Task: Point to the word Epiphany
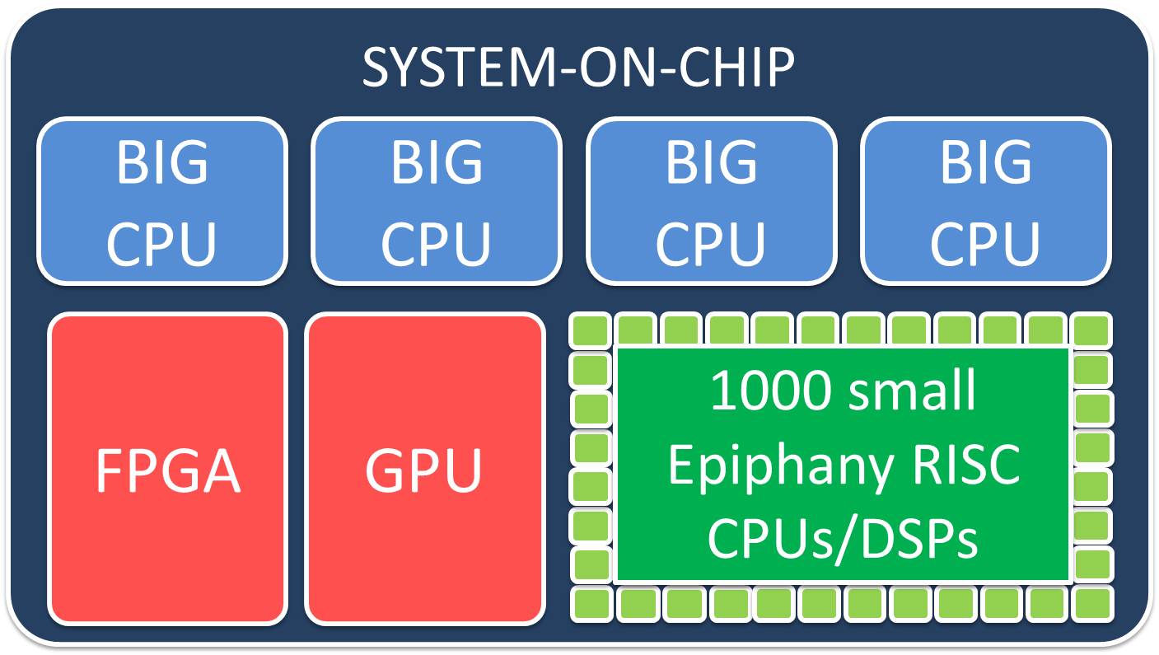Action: (x=778, y=466)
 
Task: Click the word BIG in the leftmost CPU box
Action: (x=162, y=162)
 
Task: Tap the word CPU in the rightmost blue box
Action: (x=985, y=241)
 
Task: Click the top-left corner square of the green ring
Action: (x=590, y=331)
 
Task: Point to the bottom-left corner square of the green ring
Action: (x=590, y=605)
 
